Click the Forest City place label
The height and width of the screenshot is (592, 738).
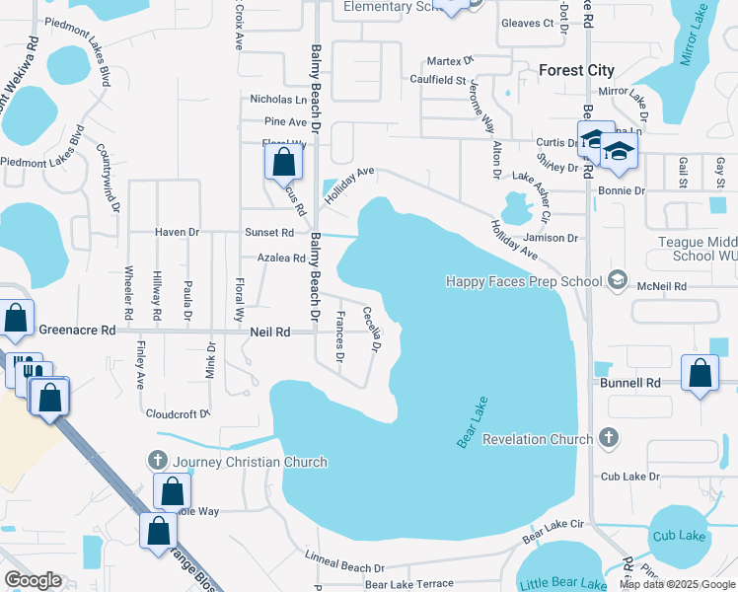[x=576, y=70]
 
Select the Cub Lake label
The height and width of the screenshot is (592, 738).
[x=678, y=535]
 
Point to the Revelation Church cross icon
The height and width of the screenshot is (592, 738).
[x=609, y=438]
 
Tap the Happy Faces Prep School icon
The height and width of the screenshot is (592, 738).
[x=618, y=281]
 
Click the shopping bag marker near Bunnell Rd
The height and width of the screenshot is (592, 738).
[x=700, y=374]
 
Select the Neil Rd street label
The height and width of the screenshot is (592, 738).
[x=269, y=333]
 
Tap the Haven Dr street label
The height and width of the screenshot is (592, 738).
[x=178, y=233]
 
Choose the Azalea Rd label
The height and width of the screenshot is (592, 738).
[x=281, y=258]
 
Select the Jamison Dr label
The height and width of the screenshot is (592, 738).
[x=551, y=238]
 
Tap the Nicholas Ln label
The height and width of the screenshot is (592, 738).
[x=278, y=99]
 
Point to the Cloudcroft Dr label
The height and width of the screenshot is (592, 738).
[x=178, y=414]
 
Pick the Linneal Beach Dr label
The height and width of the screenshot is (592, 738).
[x=344, y=567]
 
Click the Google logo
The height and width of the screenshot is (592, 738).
[x=34, y=581]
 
